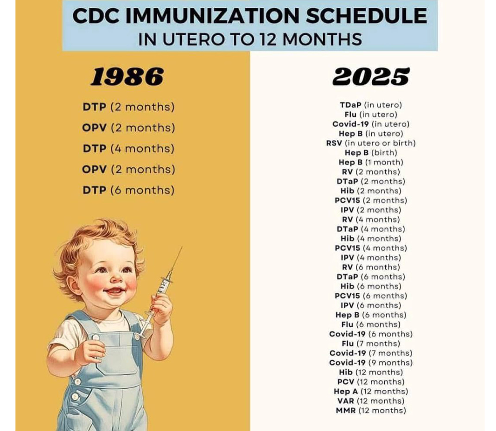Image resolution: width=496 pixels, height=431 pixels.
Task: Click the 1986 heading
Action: [127, 76]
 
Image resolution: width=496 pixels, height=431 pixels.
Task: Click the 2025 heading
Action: [371, 76]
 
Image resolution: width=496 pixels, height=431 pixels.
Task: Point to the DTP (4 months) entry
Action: [128, 149]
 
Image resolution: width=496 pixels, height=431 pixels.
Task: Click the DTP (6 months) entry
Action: [128, 190]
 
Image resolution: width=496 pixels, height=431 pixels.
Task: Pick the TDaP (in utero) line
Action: [371, 105]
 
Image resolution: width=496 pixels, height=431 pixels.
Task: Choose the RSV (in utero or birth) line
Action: [371, 143]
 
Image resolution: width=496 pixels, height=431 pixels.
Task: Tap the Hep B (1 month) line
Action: [371, 162]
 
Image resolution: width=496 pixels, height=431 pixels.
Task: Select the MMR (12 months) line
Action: [371, 411]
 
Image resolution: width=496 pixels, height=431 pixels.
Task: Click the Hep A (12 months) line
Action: [371, 392]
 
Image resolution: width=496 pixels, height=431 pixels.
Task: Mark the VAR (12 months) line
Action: [371, 401]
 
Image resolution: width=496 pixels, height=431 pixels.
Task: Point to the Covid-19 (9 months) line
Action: [371, 363]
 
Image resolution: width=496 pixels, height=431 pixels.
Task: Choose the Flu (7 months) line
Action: [371, 344]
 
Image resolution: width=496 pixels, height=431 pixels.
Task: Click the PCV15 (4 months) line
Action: [371, 248]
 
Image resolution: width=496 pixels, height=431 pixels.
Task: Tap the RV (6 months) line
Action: [371, 267]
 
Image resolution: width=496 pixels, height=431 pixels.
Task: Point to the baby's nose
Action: [113, 278]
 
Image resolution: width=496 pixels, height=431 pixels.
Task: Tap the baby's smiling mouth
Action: [114, 291]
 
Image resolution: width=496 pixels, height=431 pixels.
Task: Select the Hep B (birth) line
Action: [371, 153]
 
